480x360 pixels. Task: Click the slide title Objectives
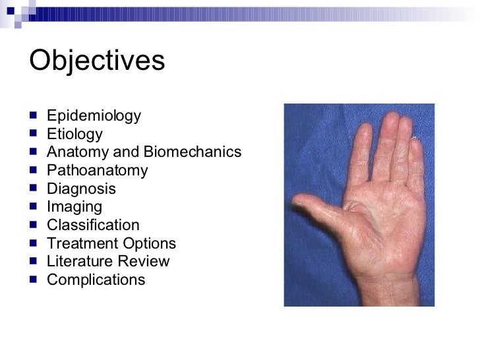96,61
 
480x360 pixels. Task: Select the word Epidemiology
94,117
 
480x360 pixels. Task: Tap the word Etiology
75,135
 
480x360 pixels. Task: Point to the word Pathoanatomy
97,171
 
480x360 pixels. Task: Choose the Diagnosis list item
81,189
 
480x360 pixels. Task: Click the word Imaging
75,207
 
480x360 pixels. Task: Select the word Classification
93,225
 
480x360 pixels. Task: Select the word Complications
96,280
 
